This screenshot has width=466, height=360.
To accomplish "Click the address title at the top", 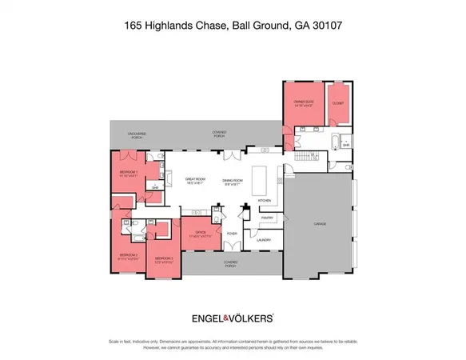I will pos(233,26).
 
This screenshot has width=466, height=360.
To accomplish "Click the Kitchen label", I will pos(265,200).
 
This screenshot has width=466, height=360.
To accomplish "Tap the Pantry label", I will pos(268,217).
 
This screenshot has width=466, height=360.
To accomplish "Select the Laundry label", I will pos(265,239).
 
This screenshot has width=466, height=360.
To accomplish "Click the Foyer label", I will pos(232,234).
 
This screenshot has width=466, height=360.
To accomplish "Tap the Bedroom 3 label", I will pos(164,258).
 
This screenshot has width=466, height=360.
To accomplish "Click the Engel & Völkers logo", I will pos(233,318).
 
